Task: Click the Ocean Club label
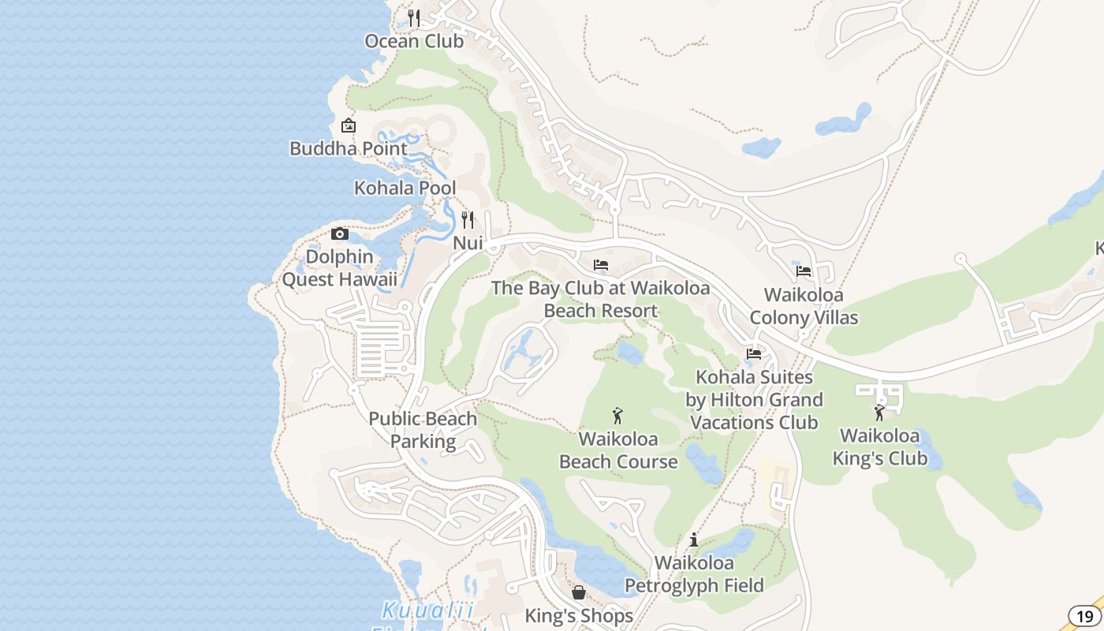pos(414,41)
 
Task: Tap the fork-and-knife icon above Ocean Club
pos(414,17)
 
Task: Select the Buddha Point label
pos(349,148)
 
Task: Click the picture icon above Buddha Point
pos(348,125)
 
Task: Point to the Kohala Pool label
pos(405,189)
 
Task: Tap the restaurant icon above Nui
pos(468,220)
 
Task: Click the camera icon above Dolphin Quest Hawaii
pos(340,233)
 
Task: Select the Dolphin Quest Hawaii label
pos(340,268)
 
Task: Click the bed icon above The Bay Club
pos(601,265)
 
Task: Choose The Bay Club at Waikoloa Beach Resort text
pos(601,299)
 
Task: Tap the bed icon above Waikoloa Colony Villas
pos(804,271)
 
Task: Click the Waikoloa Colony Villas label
pos(804,306)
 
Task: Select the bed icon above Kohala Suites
pos(754,354)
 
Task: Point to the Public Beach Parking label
pos(423,430)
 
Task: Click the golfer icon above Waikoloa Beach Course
pos(617,415)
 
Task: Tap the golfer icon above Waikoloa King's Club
pos(879,413)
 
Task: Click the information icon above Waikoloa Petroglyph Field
pos(694,540)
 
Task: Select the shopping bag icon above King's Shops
pos(579,592)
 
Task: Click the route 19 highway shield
pos(1085,616)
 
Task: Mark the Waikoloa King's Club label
pos(880,446)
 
